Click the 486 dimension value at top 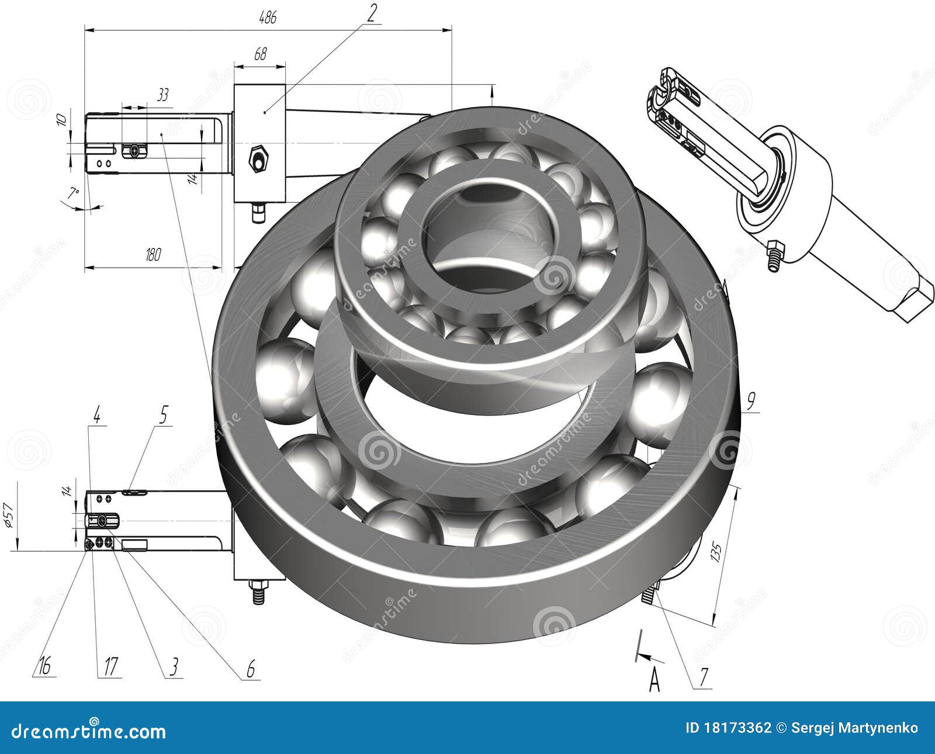[x=268, y=18]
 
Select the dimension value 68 [x=260, y=54]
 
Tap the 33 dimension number [x=163, y=95]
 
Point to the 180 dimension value [x=153, y=254]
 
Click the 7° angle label [x=73, y=193]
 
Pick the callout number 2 [x=372, y=12]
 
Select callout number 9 [x=751, y=400]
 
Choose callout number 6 [x=251, y=668]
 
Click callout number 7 [x=704, y=677]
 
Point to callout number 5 [x=163, y=416]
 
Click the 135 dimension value [x=717, y=552]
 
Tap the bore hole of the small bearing [x=488, y=234]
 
